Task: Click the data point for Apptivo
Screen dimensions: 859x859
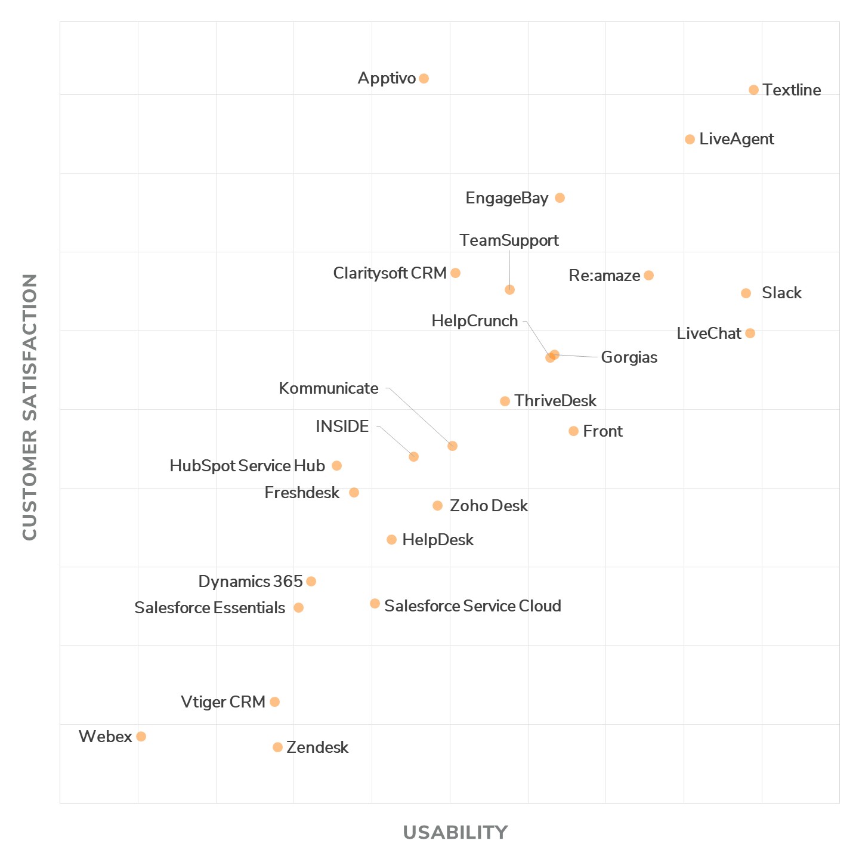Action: [x=424, y=79]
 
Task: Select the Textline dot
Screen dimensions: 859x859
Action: [x=753, y=90]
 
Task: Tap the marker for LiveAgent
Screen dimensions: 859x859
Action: [x=690, y=140]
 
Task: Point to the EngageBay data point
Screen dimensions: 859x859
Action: [x=560, y=198]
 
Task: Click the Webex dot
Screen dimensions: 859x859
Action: [x=141, y=737]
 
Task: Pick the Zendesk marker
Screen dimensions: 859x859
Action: [x=277, y=747]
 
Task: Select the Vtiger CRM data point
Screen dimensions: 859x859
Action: [x=274, y=702]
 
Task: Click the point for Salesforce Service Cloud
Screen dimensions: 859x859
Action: [x=375, y=604]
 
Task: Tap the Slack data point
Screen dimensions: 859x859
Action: [x=746, y=293]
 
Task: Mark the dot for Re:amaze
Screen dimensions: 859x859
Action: [x=648, y=276]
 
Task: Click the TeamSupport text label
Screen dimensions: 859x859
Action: [x=509, y=240]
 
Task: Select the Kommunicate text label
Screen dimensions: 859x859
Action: [x=329, y=388]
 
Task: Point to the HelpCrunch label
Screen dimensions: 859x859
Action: [x=475, y=321]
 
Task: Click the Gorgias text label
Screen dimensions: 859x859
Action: [x=629, y=357]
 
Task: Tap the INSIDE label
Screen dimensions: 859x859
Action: [x=342, y=427]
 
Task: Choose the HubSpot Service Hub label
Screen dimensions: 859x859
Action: [x=247, y=466]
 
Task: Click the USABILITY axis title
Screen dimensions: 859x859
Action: [x=455, y=832]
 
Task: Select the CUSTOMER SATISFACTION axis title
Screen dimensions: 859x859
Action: [x=30, y=407]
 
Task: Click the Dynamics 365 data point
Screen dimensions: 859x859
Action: [x=311, y=582]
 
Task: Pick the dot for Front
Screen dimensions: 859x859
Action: [x=573, y=431]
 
